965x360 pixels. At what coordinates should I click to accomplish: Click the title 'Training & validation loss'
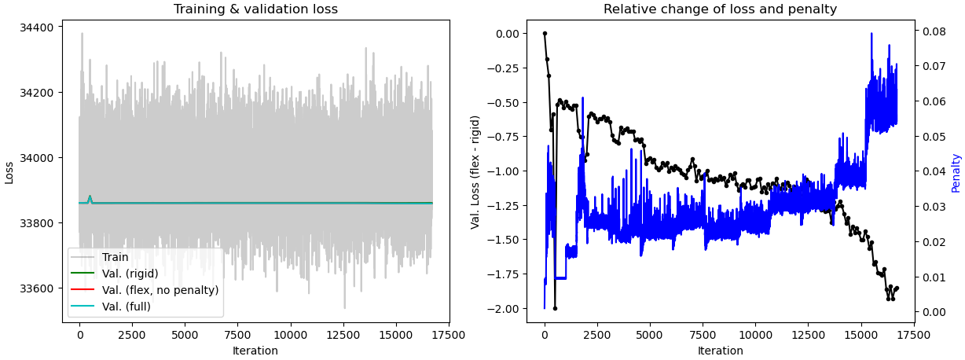(x=255, y=9)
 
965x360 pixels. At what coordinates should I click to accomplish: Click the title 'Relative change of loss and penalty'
(x=720, y=9)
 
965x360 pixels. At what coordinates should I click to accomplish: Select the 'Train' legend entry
(x=115, y=257)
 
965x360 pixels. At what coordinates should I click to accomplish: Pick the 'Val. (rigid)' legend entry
(x=130, y=274)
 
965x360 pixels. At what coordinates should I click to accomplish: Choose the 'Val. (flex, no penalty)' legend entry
(x=160, y=290)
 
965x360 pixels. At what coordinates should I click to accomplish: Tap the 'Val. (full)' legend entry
(x=126, y=307)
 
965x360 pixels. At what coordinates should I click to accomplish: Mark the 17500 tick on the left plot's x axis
(x=449, y=333)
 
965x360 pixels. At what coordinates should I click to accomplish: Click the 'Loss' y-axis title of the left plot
(x=9, y=172)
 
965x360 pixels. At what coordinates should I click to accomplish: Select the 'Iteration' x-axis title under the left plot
(x=255, y=351)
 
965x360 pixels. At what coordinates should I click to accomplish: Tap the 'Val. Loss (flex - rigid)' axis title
(x=475, y=172)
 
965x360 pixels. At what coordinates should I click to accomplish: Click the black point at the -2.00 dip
(x=555, y=308)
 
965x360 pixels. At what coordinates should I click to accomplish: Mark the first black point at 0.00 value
(x=545, y=33)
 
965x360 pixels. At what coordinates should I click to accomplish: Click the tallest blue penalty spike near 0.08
(x=871, y=34)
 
